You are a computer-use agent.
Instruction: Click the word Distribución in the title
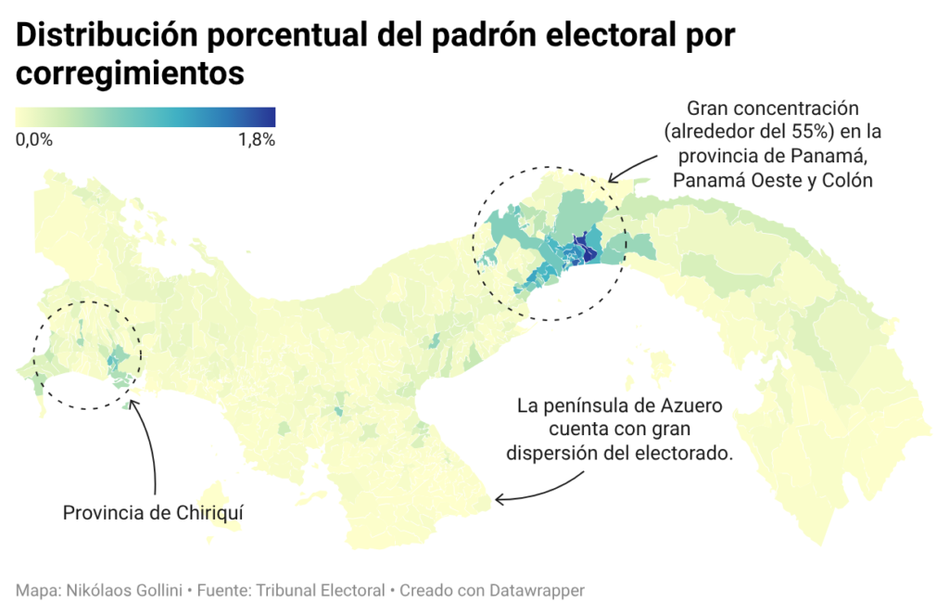click(x=107, y=35)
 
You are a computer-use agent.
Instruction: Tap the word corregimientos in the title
click(x=130, y=73)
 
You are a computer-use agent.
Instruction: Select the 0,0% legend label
click(x=34, y=140)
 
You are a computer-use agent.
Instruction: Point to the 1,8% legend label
click(x=257, y=140)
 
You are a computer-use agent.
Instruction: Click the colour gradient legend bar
click(x=146, y=117)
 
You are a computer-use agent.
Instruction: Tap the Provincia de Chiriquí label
click(x=153, y=513)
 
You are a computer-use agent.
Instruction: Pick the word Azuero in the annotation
click(x=691, y=405)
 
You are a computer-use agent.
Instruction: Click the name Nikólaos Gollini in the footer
click(x=124, y=591)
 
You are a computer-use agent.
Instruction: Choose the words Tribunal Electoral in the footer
click(x=320, y=591)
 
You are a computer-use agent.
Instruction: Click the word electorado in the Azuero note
click(x=690, y=453)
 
